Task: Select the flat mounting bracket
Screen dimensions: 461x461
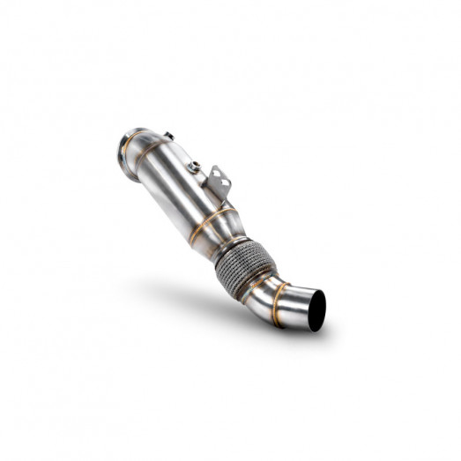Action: click(x=218, y=181)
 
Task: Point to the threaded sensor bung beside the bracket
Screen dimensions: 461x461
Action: click(x=194, y=167)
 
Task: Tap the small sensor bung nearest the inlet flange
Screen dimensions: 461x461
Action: click(x=167, y=137)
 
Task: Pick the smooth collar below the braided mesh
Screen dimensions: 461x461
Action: click(x=253, y=280)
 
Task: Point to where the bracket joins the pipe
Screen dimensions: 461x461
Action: click(x=208, y=188)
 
